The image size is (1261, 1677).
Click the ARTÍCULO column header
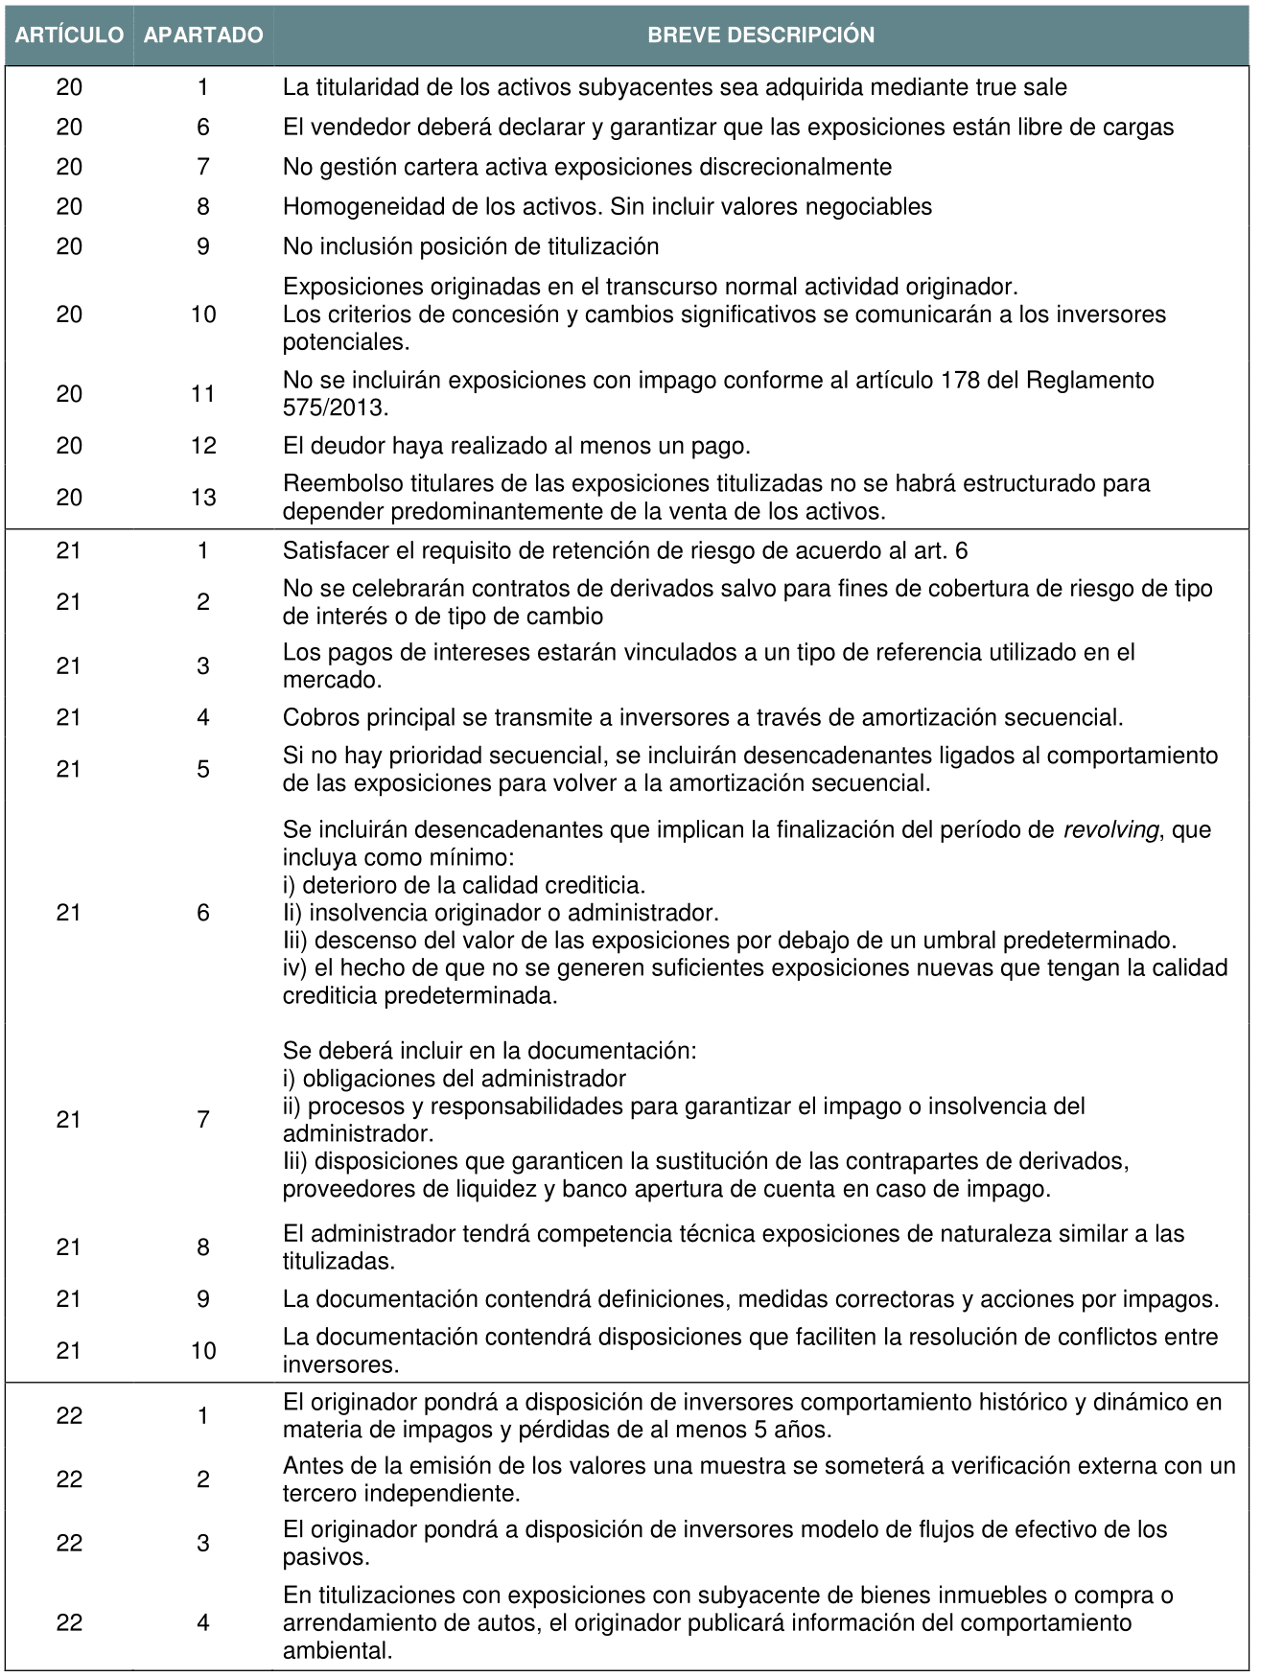coord(69,35)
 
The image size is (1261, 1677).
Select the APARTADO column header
coord(203,35)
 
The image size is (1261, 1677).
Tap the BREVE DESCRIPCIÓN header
coord(760,35)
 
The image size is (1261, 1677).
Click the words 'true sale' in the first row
coord(1021,87)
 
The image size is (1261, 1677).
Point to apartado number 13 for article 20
coord(203,498)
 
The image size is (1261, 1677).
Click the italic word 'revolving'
coord(1110,830)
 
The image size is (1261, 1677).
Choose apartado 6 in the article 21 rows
coord(203,913)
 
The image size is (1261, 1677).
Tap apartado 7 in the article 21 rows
coord(203,1120)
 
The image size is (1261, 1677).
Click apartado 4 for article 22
coord(203,1623)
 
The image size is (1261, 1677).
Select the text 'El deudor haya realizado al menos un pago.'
coord(516,446)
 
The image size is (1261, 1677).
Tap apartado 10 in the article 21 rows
coord(203,1351)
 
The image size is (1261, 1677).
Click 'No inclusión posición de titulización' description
coord(471,246)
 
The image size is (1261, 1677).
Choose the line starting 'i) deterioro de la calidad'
coord(464,885)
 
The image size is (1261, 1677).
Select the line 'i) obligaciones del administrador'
coord(455,1079)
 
